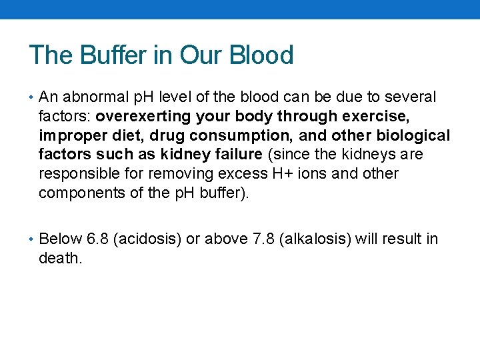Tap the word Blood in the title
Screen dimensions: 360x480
click(261, 55)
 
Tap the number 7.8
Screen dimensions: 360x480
click(257, 239)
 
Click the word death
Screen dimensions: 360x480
click(60, 258)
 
